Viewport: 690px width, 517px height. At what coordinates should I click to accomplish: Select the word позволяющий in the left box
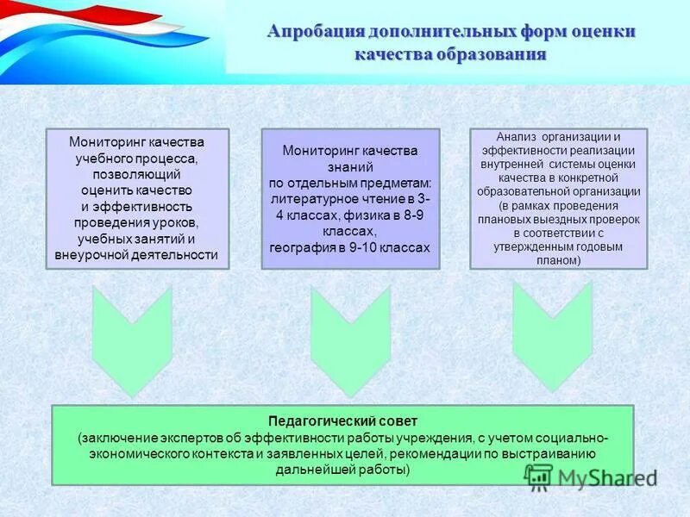[x=137, y=174]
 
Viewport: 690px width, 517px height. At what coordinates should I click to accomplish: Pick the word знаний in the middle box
[x=350, y=166]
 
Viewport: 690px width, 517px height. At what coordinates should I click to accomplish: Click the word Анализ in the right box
[x=515, y=136]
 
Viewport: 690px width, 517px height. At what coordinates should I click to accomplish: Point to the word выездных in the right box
[x=553, y=219]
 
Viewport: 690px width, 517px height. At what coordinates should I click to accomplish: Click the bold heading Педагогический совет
[x=342, y=421]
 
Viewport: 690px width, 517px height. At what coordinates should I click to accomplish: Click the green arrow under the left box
[x=132, y=340]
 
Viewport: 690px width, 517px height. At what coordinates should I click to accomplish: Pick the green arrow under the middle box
[x=350, y=340]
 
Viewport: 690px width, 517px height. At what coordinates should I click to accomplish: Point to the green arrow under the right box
[x=552, y=335]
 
